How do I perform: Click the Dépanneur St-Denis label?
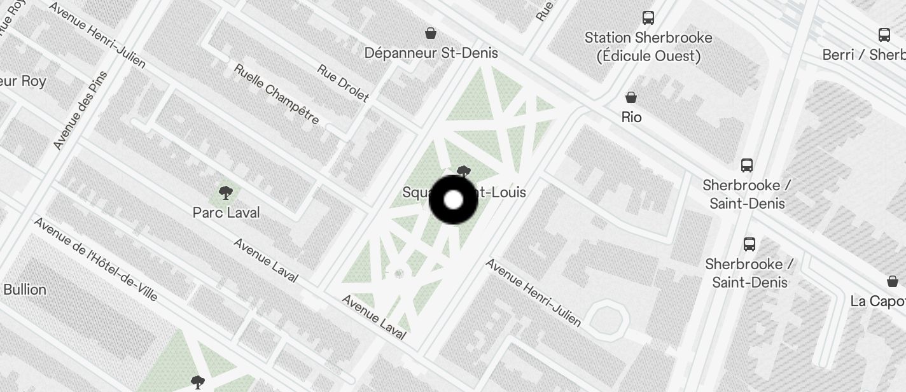coord(431,53)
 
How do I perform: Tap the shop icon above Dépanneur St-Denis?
coord(431,33)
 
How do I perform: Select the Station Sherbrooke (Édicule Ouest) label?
coord(648,47)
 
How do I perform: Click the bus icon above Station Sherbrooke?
coord(648,18)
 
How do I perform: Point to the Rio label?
coord(631,117)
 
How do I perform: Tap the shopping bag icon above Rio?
coord(631,97)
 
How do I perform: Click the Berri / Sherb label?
coord(863,55)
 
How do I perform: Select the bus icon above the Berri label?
coord(884,35)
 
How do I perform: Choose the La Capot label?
coord(878,301)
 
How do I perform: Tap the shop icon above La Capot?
coord(892,281)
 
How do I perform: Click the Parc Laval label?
coord(226,213)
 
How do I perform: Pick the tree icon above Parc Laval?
coord(225,192)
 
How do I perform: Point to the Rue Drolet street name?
coord(343,83)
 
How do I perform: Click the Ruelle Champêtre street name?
coord(276,94)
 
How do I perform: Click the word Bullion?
coord(25,290)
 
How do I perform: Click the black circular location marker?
coord(453,200)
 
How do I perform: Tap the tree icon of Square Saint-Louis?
coord(464,171)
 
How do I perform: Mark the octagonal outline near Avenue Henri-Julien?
coord(606,316)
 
